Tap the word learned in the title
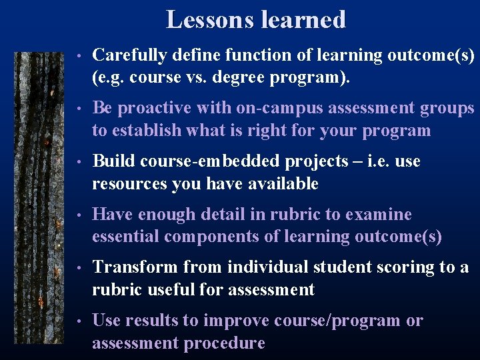coord(302,19)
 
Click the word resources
coord(130,184)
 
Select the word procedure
coord(229,343)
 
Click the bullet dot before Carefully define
coord(79,56)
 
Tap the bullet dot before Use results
coord(79,321)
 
